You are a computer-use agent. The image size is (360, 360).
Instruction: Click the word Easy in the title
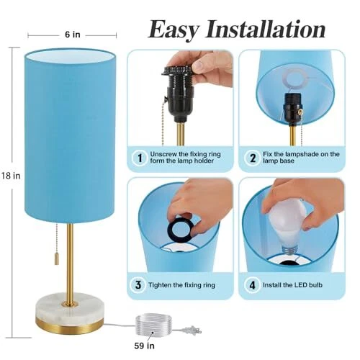coord(174,30)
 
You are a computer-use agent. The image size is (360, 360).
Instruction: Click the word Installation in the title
coord(266,29)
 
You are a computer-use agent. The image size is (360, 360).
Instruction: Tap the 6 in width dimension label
coord(73,35)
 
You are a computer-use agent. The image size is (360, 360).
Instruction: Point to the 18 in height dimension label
coord(11,176)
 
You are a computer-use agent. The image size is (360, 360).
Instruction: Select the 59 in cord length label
coord(144,346)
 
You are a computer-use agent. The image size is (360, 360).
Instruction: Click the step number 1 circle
coord(140,158)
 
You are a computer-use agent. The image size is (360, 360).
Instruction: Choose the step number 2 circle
coord(253,158)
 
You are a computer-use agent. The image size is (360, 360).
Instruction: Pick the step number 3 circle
coord(138,285)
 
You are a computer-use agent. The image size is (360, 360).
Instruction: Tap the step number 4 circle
coord(252,285)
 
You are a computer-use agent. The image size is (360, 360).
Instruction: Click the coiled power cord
coord(153,325)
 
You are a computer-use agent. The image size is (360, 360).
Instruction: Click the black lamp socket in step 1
coord(179,93)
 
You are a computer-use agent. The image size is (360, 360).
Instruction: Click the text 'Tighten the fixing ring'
coord(181,285)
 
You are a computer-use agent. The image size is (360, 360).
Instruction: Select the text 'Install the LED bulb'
coord(292,285)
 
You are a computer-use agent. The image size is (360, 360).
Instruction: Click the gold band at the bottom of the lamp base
coord(70,326)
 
